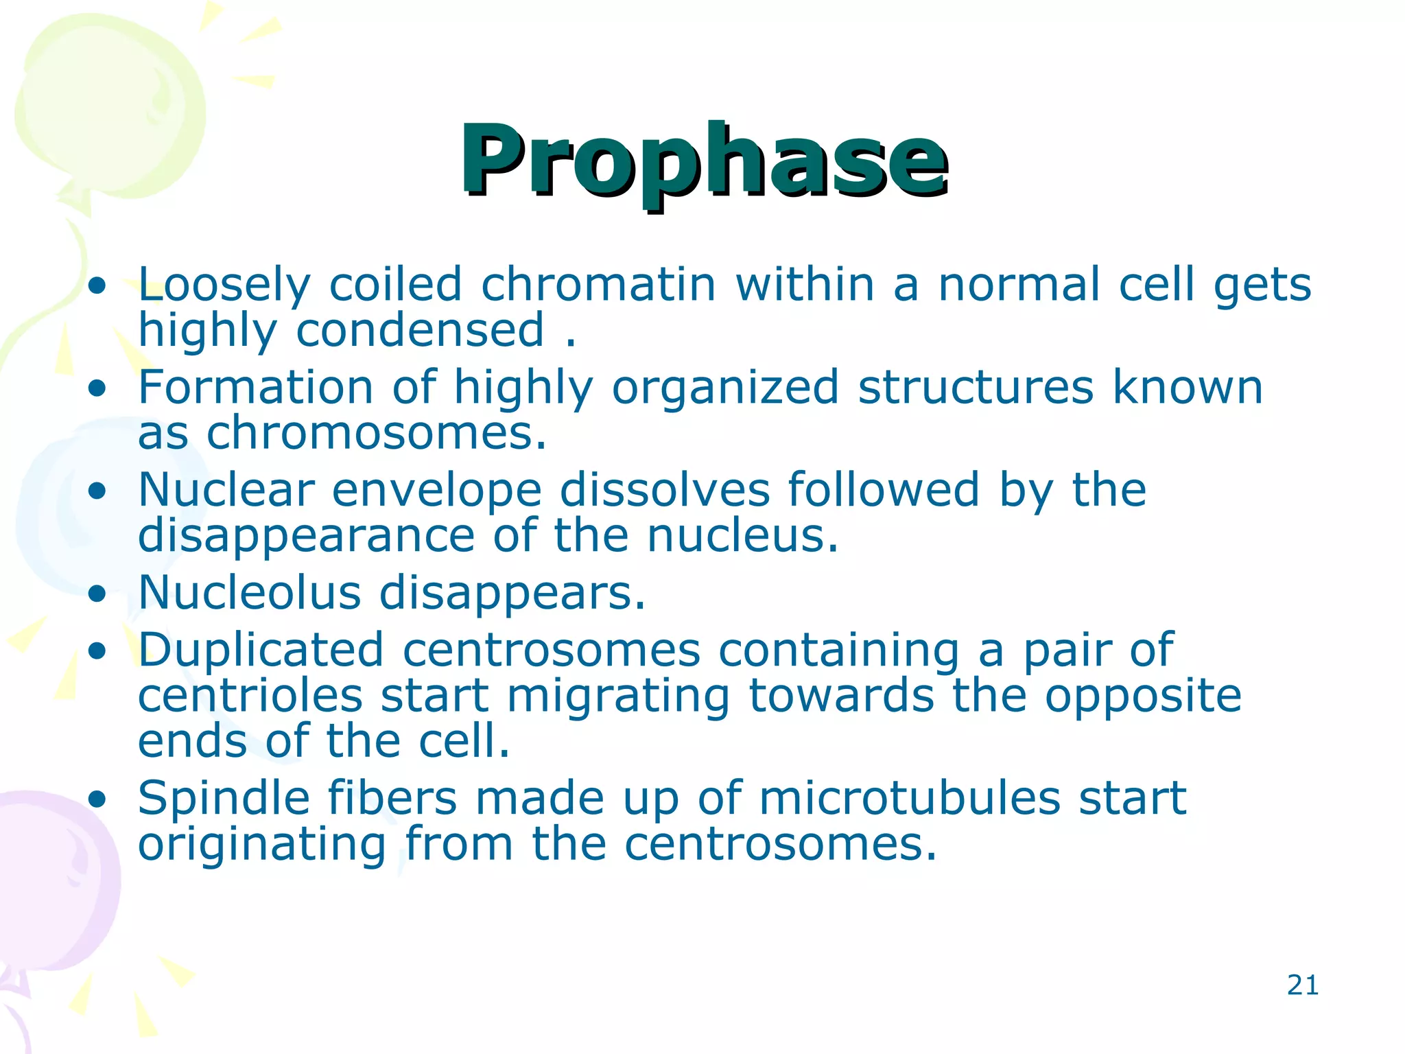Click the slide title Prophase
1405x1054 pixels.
(x=704, y=161)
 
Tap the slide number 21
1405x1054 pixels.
(x=1302, y=985)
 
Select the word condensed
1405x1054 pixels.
(x=420, y=330)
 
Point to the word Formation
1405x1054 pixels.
(x=255, y=387)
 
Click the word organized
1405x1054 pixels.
(x=724, y=388)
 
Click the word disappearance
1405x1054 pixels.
(x=306, y=536)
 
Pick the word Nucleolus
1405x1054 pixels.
(x=249, y=593)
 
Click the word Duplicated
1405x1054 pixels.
(x=261, y=650)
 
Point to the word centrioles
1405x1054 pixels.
(x=250, y=696)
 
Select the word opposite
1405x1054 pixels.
(x=1142, y=697)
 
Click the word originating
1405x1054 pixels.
(x=262, y=845)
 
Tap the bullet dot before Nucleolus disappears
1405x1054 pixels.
(x=98, y=594)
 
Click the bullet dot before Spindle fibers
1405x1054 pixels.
(x=98, y=799)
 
